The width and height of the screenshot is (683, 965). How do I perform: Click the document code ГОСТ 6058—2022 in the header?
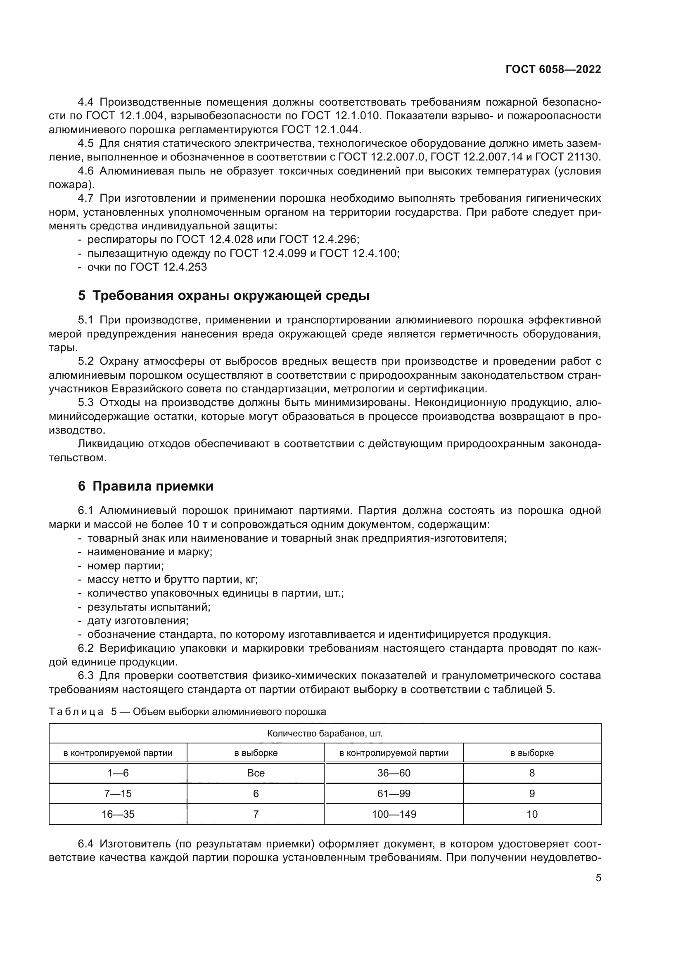pos(553,70)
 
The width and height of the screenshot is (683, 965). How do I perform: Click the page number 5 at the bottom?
pos(598,878)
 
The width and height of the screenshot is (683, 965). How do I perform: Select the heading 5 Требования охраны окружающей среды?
pos(223,296)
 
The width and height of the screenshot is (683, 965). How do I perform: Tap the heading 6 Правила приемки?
pos(145,486)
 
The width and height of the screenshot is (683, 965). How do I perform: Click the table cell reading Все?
pos(256,773)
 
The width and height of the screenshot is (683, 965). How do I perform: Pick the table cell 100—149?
pos(394,814)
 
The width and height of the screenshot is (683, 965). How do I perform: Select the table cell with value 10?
pos(532,814)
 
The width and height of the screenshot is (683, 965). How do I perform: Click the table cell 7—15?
pos(118,793)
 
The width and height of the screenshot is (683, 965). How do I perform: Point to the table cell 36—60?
pos(394,773)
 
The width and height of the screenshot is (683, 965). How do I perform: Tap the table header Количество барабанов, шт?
pos(325,734)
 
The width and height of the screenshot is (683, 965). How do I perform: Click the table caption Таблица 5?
pos(83,712)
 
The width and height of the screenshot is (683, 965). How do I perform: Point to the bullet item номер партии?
pos(126,566)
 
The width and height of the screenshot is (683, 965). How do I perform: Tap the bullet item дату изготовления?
pos(138,621)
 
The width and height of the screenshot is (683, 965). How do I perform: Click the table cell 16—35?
pos(118,814)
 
